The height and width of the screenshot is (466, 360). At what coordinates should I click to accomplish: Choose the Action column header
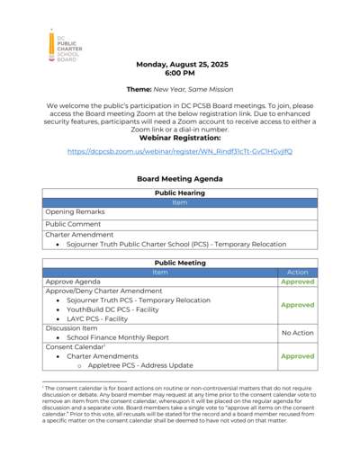point(297,272)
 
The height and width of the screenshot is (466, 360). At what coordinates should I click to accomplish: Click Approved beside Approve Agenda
point(297,282)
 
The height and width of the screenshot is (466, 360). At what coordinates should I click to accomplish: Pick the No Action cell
point(297,333)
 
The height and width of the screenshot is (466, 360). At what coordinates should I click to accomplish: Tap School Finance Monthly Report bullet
point(118,337)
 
